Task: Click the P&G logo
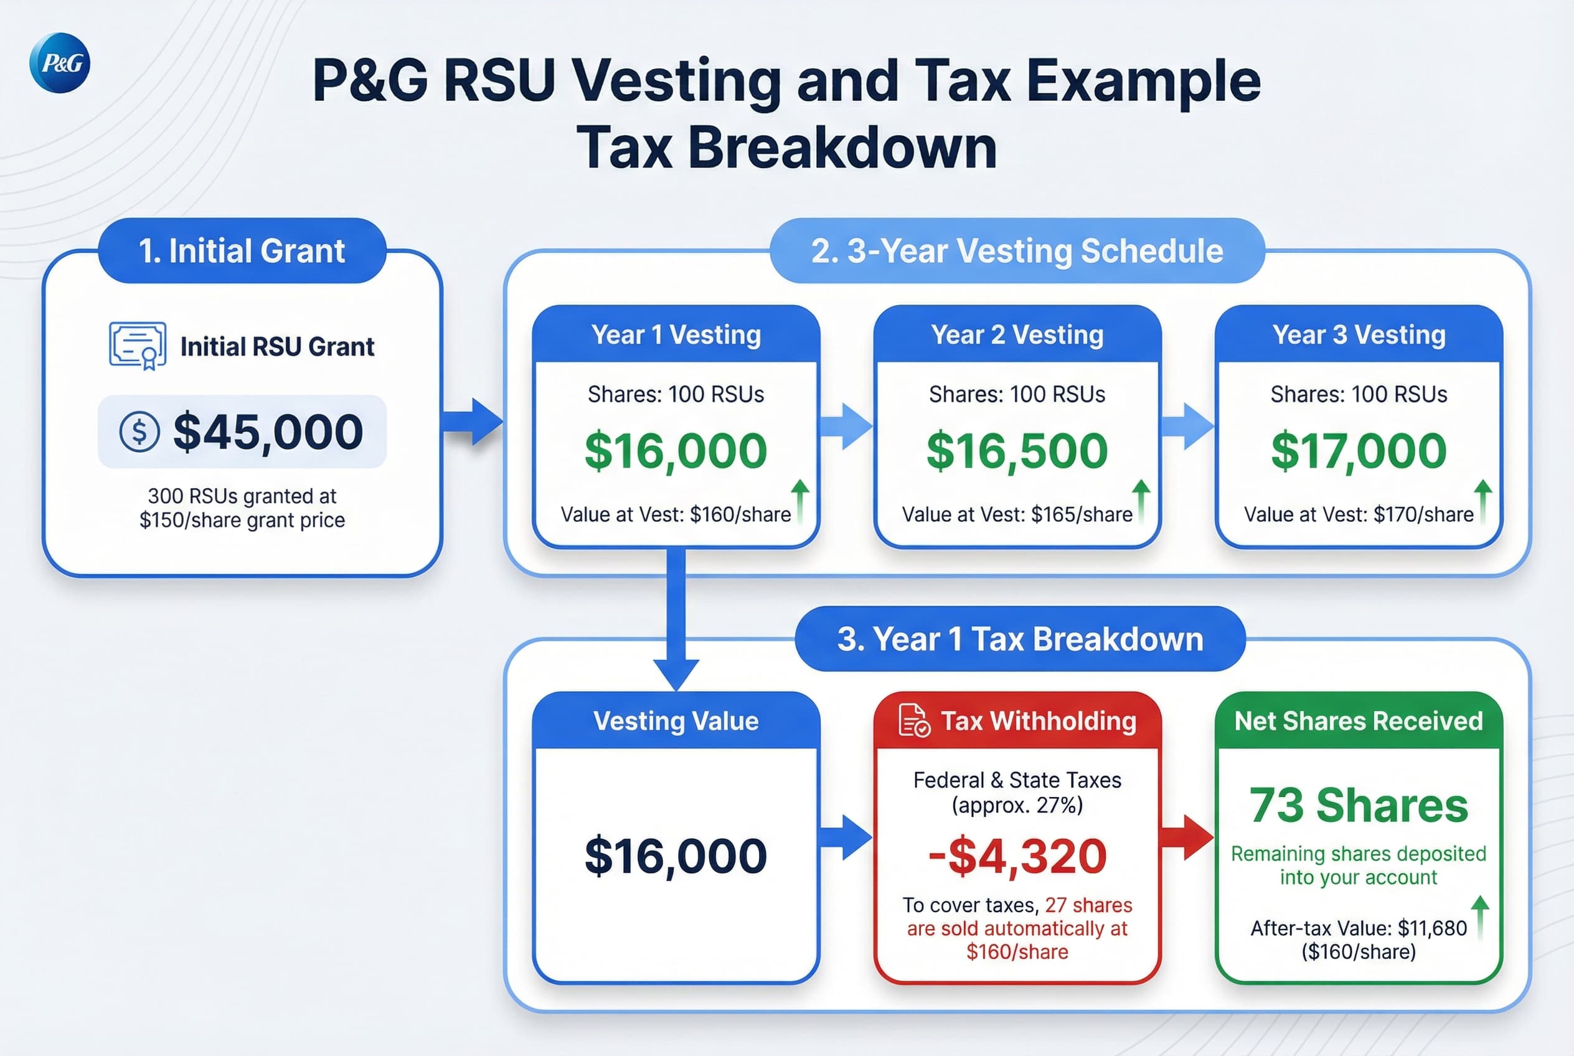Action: (60, 63)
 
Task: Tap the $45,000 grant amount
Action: (268, 431)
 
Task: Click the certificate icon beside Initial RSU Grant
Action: (138, 346)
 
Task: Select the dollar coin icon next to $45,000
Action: (139, 431)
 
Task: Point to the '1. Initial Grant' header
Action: (242, 250)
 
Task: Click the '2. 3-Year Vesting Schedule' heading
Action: (1017, 250)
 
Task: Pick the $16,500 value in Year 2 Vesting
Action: (1017, 450)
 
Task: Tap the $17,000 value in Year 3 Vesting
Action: (1359, 450)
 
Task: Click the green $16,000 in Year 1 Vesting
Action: (676, 450)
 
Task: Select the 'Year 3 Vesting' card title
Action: (1359, 335)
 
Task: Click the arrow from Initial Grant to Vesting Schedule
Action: (473, 422)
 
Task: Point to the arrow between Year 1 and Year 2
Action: (846, 427)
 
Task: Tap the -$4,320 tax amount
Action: (1017, 856)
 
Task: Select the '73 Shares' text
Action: (1359, 806)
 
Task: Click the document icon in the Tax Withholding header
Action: (914, 720)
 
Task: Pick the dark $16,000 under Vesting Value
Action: (676, 856)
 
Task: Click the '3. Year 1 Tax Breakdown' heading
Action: (1020, 638)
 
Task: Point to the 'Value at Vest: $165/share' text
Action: (1017, 514)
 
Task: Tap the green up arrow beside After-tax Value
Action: (1481, 916)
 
